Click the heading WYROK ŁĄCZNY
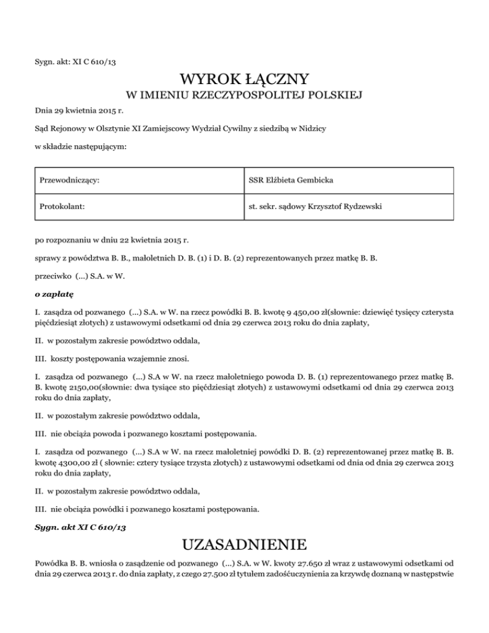tap(244, 80)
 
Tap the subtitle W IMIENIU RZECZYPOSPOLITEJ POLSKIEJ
tap(244, 96)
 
